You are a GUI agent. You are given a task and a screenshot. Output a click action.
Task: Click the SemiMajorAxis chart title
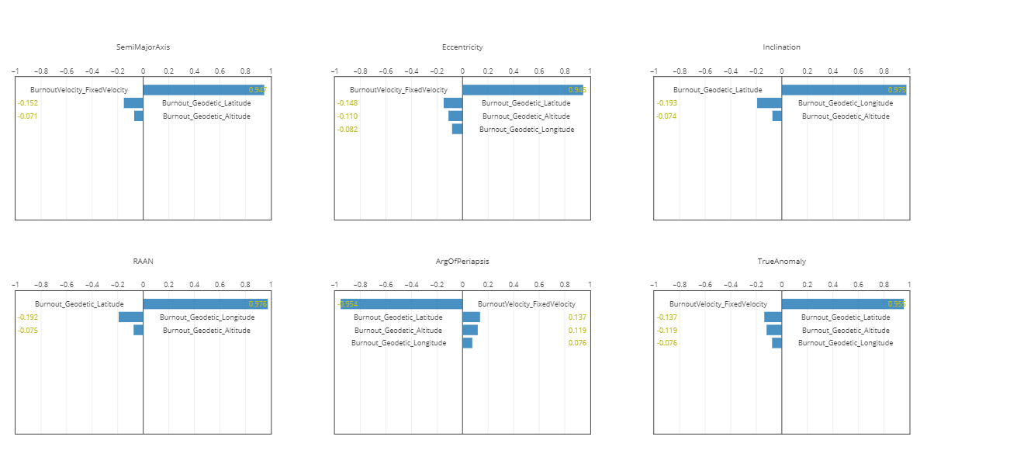coord(143,47)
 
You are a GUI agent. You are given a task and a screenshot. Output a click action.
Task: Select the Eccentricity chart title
coord(462,47)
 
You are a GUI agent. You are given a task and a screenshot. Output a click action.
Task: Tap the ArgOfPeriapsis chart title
coord(462,262)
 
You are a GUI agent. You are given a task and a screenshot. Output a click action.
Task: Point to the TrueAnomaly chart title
coord(781,262)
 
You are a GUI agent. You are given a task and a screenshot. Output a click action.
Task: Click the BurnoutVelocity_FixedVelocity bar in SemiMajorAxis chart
coord(203,90)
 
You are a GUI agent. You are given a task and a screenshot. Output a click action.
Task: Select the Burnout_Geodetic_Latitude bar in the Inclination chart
coord(843,90)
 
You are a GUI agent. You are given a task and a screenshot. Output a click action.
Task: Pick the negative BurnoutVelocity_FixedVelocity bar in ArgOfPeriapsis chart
coord(400,304)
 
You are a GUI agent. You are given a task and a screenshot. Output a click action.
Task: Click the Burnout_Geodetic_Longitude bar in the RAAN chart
coord(131,317)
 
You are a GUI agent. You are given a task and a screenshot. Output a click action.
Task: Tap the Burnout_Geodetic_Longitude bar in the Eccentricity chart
coord(457,129)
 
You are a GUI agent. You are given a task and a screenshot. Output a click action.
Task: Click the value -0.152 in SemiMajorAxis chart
coord(28,103)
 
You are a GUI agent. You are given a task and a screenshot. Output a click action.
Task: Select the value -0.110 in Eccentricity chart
coord(347,116)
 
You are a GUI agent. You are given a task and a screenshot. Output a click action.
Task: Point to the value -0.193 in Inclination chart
coord(666,103)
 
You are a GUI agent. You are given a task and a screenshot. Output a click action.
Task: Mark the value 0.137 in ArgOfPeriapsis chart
coord(577,317)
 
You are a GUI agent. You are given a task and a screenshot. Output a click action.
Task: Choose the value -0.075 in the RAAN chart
coord(28,331)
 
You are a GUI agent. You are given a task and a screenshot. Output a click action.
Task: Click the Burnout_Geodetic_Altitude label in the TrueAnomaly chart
coord(846,331)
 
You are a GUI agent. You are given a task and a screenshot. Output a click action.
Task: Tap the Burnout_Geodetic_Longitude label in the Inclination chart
coord(846,103)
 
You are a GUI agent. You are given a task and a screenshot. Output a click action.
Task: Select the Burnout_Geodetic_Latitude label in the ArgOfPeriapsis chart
coord(398,317)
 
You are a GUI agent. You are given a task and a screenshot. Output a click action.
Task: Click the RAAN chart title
coord(143,262)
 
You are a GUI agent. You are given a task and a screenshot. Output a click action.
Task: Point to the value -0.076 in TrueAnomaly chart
coord(666,343)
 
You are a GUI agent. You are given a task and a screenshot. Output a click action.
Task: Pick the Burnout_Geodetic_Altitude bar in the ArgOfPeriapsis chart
coord(470,331)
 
